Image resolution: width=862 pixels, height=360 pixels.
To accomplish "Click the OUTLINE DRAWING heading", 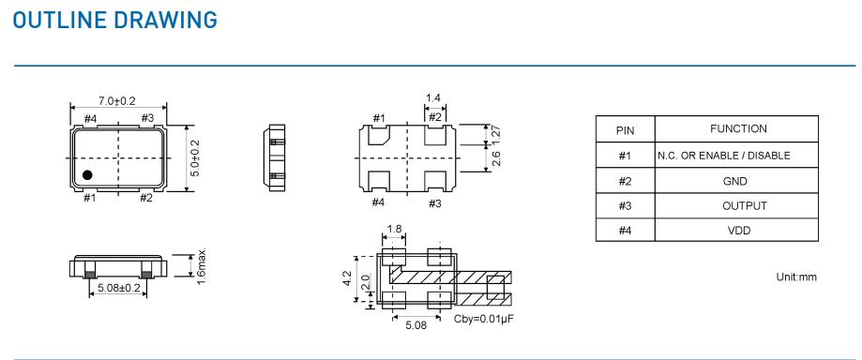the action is [x=114, y=20].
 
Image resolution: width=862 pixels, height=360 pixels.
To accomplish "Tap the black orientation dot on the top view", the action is [x=87, y=174].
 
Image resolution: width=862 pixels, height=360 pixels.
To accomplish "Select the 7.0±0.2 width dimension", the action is [x=117, y=101].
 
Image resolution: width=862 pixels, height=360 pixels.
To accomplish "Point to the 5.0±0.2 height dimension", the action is [x=195, y=157].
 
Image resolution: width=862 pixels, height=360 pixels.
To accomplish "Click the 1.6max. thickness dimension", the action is [x=202, y=265].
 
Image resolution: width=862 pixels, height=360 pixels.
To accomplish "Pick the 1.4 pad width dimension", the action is [x=433, y=97].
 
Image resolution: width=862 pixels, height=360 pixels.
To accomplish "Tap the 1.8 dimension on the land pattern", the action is [x=393, y=229].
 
